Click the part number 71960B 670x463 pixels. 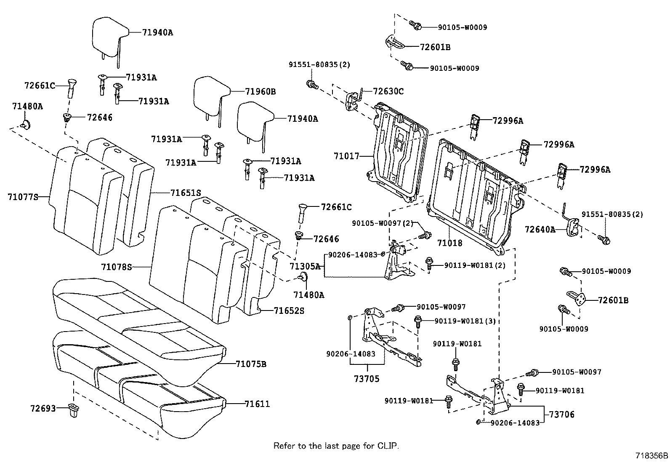click(x=261, y=91)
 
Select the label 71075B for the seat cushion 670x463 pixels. click(x=251, y=364)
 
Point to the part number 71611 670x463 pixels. click(x=257, y=404)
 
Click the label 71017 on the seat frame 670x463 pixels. click(x=346, y=156)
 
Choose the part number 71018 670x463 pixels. click(x=449, y=243)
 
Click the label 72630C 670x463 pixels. click(x=388, y=91)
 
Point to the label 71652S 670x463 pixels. click(x=289, y=311)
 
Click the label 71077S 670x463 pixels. click(x=23, y=197)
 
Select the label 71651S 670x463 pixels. click(x=186, y=193)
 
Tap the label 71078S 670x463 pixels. click(x=117, y=267)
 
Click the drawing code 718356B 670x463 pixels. click(x=651, y=455)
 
